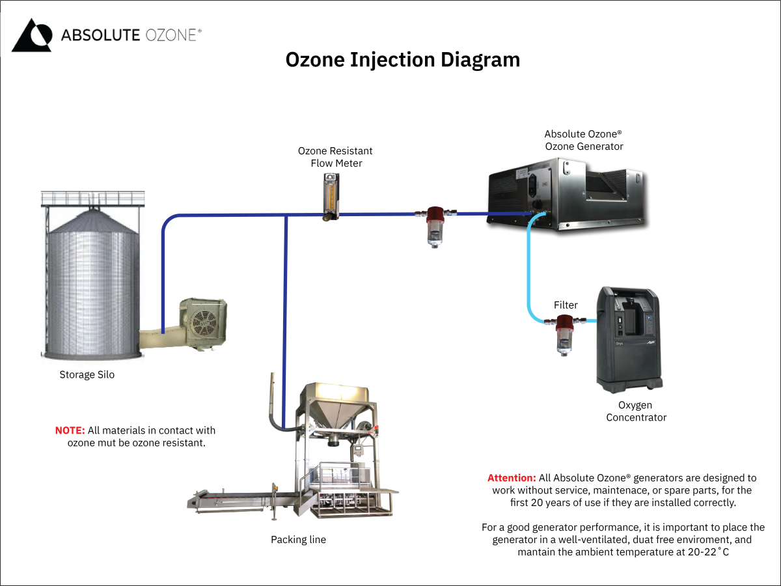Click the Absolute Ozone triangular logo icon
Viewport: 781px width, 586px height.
[31, 35]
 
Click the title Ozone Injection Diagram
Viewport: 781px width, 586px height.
[403, 60]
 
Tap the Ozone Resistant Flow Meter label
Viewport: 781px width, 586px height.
[335, 157]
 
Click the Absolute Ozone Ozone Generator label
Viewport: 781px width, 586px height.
[584, 140]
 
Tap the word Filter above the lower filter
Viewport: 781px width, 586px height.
[566, 305]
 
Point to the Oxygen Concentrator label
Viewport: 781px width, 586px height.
[636, 411]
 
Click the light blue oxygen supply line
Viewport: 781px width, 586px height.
[528, 273]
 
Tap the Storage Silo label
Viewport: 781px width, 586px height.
[87, 375]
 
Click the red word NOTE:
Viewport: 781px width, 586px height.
[70, 430]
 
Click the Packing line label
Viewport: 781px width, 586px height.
[298, 540]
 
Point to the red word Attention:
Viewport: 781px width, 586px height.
[512, 478]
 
